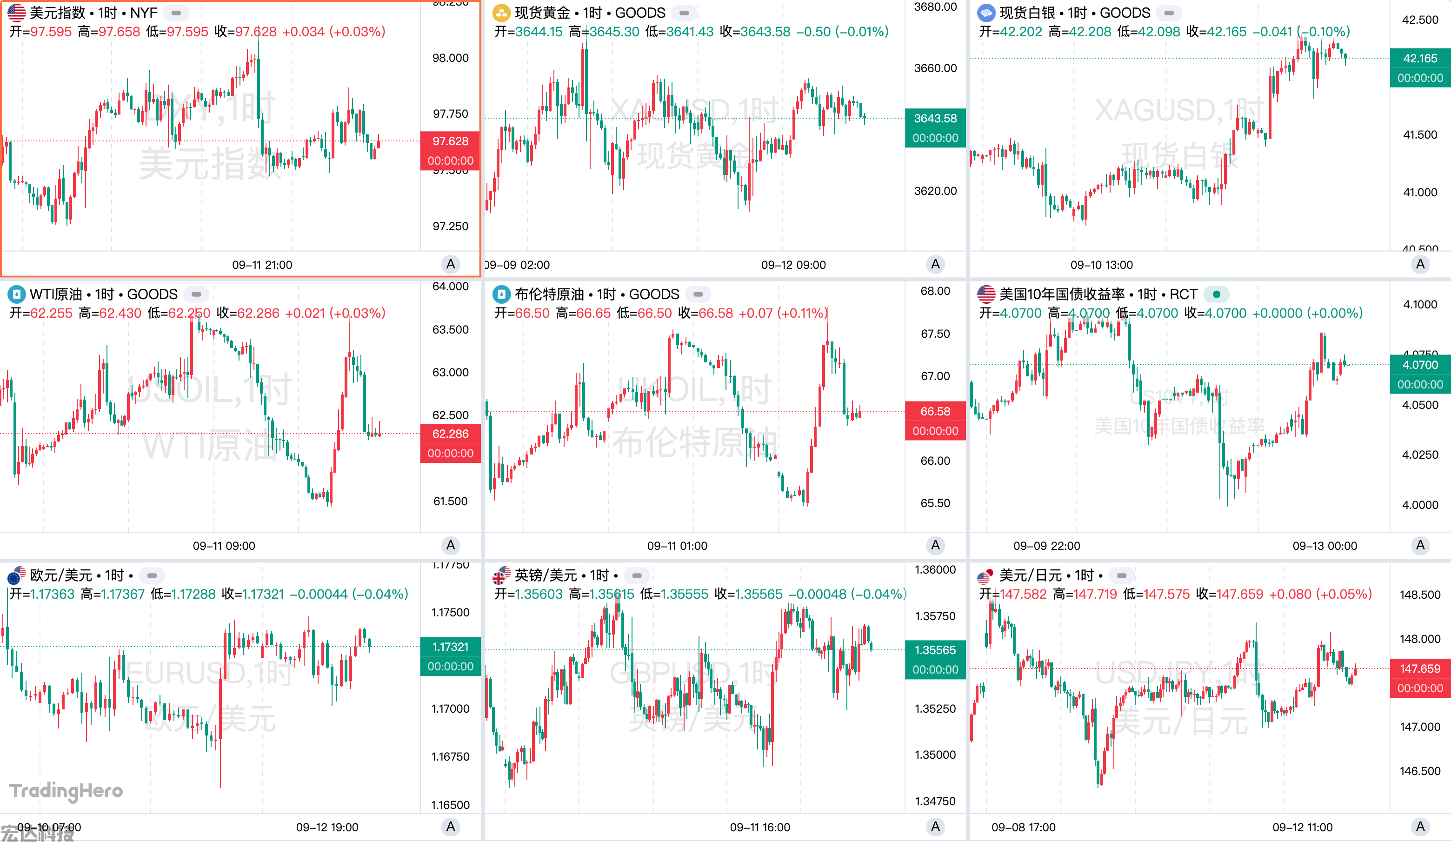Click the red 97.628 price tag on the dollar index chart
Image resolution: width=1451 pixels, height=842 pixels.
[x=450, y=141]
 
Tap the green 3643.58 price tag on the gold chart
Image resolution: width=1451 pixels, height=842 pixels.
[x=935, y=119]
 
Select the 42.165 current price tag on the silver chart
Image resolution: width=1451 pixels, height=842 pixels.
[x=1420, y=59]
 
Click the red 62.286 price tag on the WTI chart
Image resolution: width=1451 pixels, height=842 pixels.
[x=450, y=434]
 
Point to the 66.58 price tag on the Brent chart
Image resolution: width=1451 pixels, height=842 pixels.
[x=935, y=411]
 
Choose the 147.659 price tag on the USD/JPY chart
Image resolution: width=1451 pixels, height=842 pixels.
[x=1420, y=668]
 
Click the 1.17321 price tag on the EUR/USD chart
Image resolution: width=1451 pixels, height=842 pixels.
[x=450, y=647]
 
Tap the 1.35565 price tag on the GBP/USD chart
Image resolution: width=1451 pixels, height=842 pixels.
[x=935, y=650]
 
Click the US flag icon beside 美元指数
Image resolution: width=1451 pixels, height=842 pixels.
[x=16, y=13]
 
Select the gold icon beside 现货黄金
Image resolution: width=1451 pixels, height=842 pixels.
[x=501, y=13]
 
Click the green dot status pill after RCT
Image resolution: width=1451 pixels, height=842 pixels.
[x=1216, y=294]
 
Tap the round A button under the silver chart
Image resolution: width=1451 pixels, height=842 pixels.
[x=1420, y=264]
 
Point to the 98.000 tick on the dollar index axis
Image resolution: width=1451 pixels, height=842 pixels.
[x=450, y=58]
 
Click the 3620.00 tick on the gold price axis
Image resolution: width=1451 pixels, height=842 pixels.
[x=935, y=191]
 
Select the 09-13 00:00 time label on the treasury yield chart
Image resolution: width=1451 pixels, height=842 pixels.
[x=1325, y=545]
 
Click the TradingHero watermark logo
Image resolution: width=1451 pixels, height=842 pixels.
[x=66, y=791]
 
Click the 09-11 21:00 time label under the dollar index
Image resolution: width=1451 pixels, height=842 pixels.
[x=262, y=265]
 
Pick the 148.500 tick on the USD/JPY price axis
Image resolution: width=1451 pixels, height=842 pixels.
[x=1420, y=595]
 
